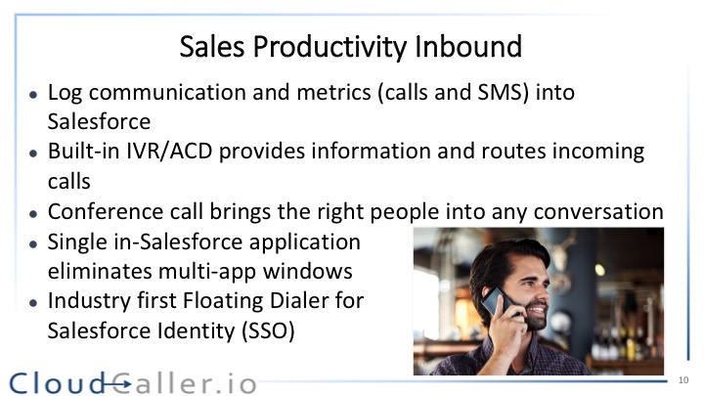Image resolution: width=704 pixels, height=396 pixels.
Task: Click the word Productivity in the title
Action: click(x=330, y=47)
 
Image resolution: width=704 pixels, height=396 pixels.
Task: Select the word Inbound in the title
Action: click(x=468, y=46)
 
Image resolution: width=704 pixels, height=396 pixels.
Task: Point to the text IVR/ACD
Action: click(x=169, y=152)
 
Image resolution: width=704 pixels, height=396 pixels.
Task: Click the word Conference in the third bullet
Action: click(x=105, y=211)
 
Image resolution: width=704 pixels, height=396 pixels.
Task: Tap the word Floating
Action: click(x=223, y=302)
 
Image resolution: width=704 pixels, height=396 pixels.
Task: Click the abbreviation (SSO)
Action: click(x=268, y=331)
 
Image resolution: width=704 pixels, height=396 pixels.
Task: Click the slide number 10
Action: click(x=683, y=380)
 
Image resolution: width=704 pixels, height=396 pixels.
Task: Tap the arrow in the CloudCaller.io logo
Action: click(x=116, y=384)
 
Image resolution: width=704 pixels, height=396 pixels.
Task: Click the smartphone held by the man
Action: click(x=495, y=301)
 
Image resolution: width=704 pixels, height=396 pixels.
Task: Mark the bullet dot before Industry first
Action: click(x=33, y=303)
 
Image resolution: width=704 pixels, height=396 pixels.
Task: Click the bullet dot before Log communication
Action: click(x=33, y=95)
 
